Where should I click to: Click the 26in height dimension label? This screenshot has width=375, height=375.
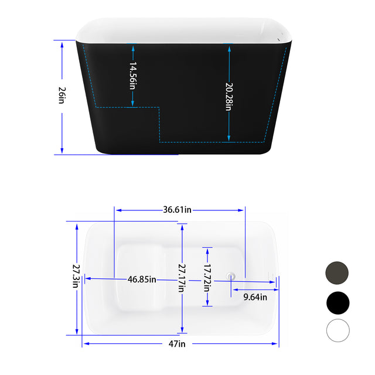(62, 96)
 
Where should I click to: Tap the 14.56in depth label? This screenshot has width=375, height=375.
(133, 75)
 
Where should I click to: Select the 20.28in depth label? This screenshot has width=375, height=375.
(229, 96)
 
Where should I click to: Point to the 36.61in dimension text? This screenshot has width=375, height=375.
(178, 210)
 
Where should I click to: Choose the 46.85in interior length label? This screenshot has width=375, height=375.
(142, 279)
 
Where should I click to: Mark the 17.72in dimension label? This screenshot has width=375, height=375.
(207, 275)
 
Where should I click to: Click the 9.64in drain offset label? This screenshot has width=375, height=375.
(255, 297)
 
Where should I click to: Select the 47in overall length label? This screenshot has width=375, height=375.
(176, 344)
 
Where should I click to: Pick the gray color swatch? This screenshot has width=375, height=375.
(337, 272)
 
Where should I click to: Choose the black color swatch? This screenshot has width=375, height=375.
(337, 302)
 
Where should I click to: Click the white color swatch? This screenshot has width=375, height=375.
(337, 330)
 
